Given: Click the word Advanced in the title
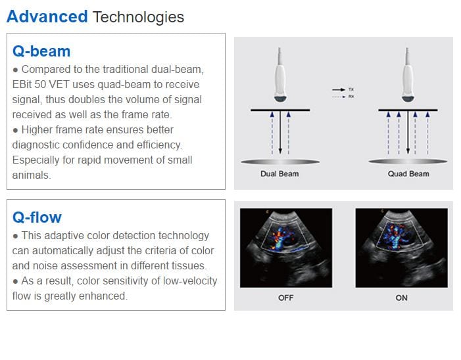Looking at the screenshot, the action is click(47, 16).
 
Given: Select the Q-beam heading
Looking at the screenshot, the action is click(41, 51).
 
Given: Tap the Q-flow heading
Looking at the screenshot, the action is click(37, 217).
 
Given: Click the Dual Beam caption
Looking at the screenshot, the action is click(279, 174).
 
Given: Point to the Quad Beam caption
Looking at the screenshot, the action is click(408, 174).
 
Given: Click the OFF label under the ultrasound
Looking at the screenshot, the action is click(286, 298).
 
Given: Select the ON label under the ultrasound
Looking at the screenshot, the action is click(401, 298).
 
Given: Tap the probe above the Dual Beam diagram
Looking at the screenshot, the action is click(280, 76).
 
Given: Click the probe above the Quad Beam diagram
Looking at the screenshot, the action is click(408, 76).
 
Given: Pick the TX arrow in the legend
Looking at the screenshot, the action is click(339, 89).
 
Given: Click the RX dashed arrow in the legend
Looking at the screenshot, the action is click(339, 97).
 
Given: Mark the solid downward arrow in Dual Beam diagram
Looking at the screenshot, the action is click(280, 132).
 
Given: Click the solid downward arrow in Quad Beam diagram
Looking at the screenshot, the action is click(408, 132).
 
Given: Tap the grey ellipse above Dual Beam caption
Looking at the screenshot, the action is click(280, 162).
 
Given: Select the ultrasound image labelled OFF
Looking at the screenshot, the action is click(286, 248).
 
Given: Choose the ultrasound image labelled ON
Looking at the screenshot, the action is click(402, 248).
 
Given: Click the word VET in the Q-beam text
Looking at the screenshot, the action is click(59, 85).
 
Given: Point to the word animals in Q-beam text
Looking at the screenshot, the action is click(32, 175).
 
